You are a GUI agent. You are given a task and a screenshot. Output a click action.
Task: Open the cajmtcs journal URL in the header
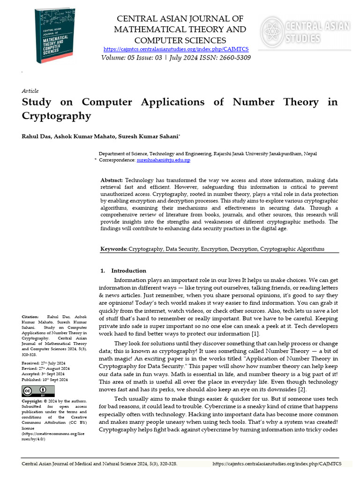[176, 49]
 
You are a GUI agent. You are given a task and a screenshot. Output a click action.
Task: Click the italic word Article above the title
[30, 91]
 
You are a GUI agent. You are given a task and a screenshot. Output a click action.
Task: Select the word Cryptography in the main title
[56, 116]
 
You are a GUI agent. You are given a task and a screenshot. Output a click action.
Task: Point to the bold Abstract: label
[112, 180]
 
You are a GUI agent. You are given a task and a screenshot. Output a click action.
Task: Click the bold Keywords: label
[114, 249]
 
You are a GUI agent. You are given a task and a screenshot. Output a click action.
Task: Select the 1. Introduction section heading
[124, 270]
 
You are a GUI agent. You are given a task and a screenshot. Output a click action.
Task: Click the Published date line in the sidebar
[45, 380]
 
